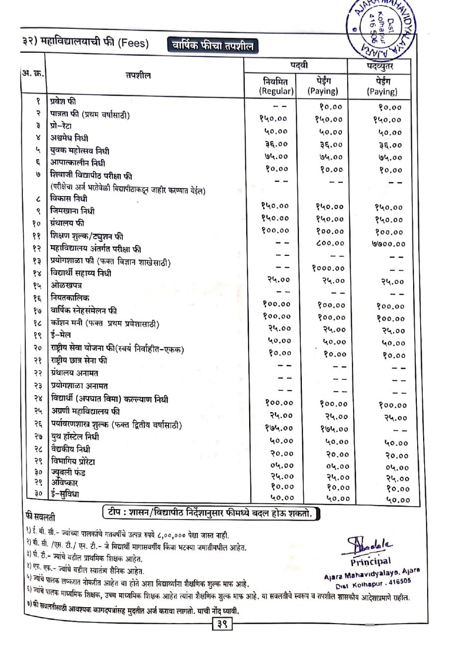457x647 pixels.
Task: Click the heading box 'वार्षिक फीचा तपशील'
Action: pyautogui.click(x=212, y=47)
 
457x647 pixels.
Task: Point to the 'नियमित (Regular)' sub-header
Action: pyautogui.click(x=276, y=86)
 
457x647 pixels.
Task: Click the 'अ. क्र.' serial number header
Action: pyautogui.click(x=33, y=73)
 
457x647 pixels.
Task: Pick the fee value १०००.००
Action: pyautogui.click(x=328, y=268)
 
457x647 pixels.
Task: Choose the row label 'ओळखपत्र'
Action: pyautogui.click(x=66, y=286)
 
